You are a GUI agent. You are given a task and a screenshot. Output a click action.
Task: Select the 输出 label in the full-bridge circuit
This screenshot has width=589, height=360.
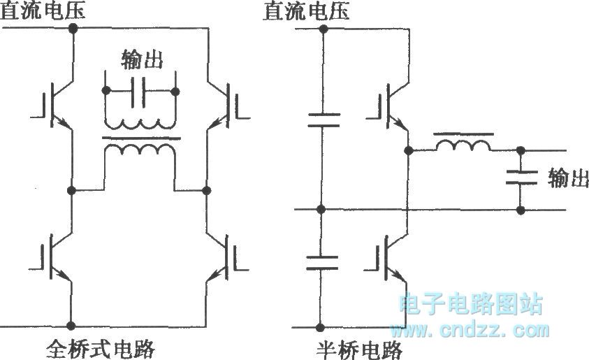point(142,59)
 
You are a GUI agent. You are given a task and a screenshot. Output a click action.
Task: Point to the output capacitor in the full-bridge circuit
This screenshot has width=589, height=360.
point(141,91)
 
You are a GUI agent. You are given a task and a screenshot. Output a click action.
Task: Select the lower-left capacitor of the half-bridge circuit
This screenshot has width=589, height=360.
point(321,262)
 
